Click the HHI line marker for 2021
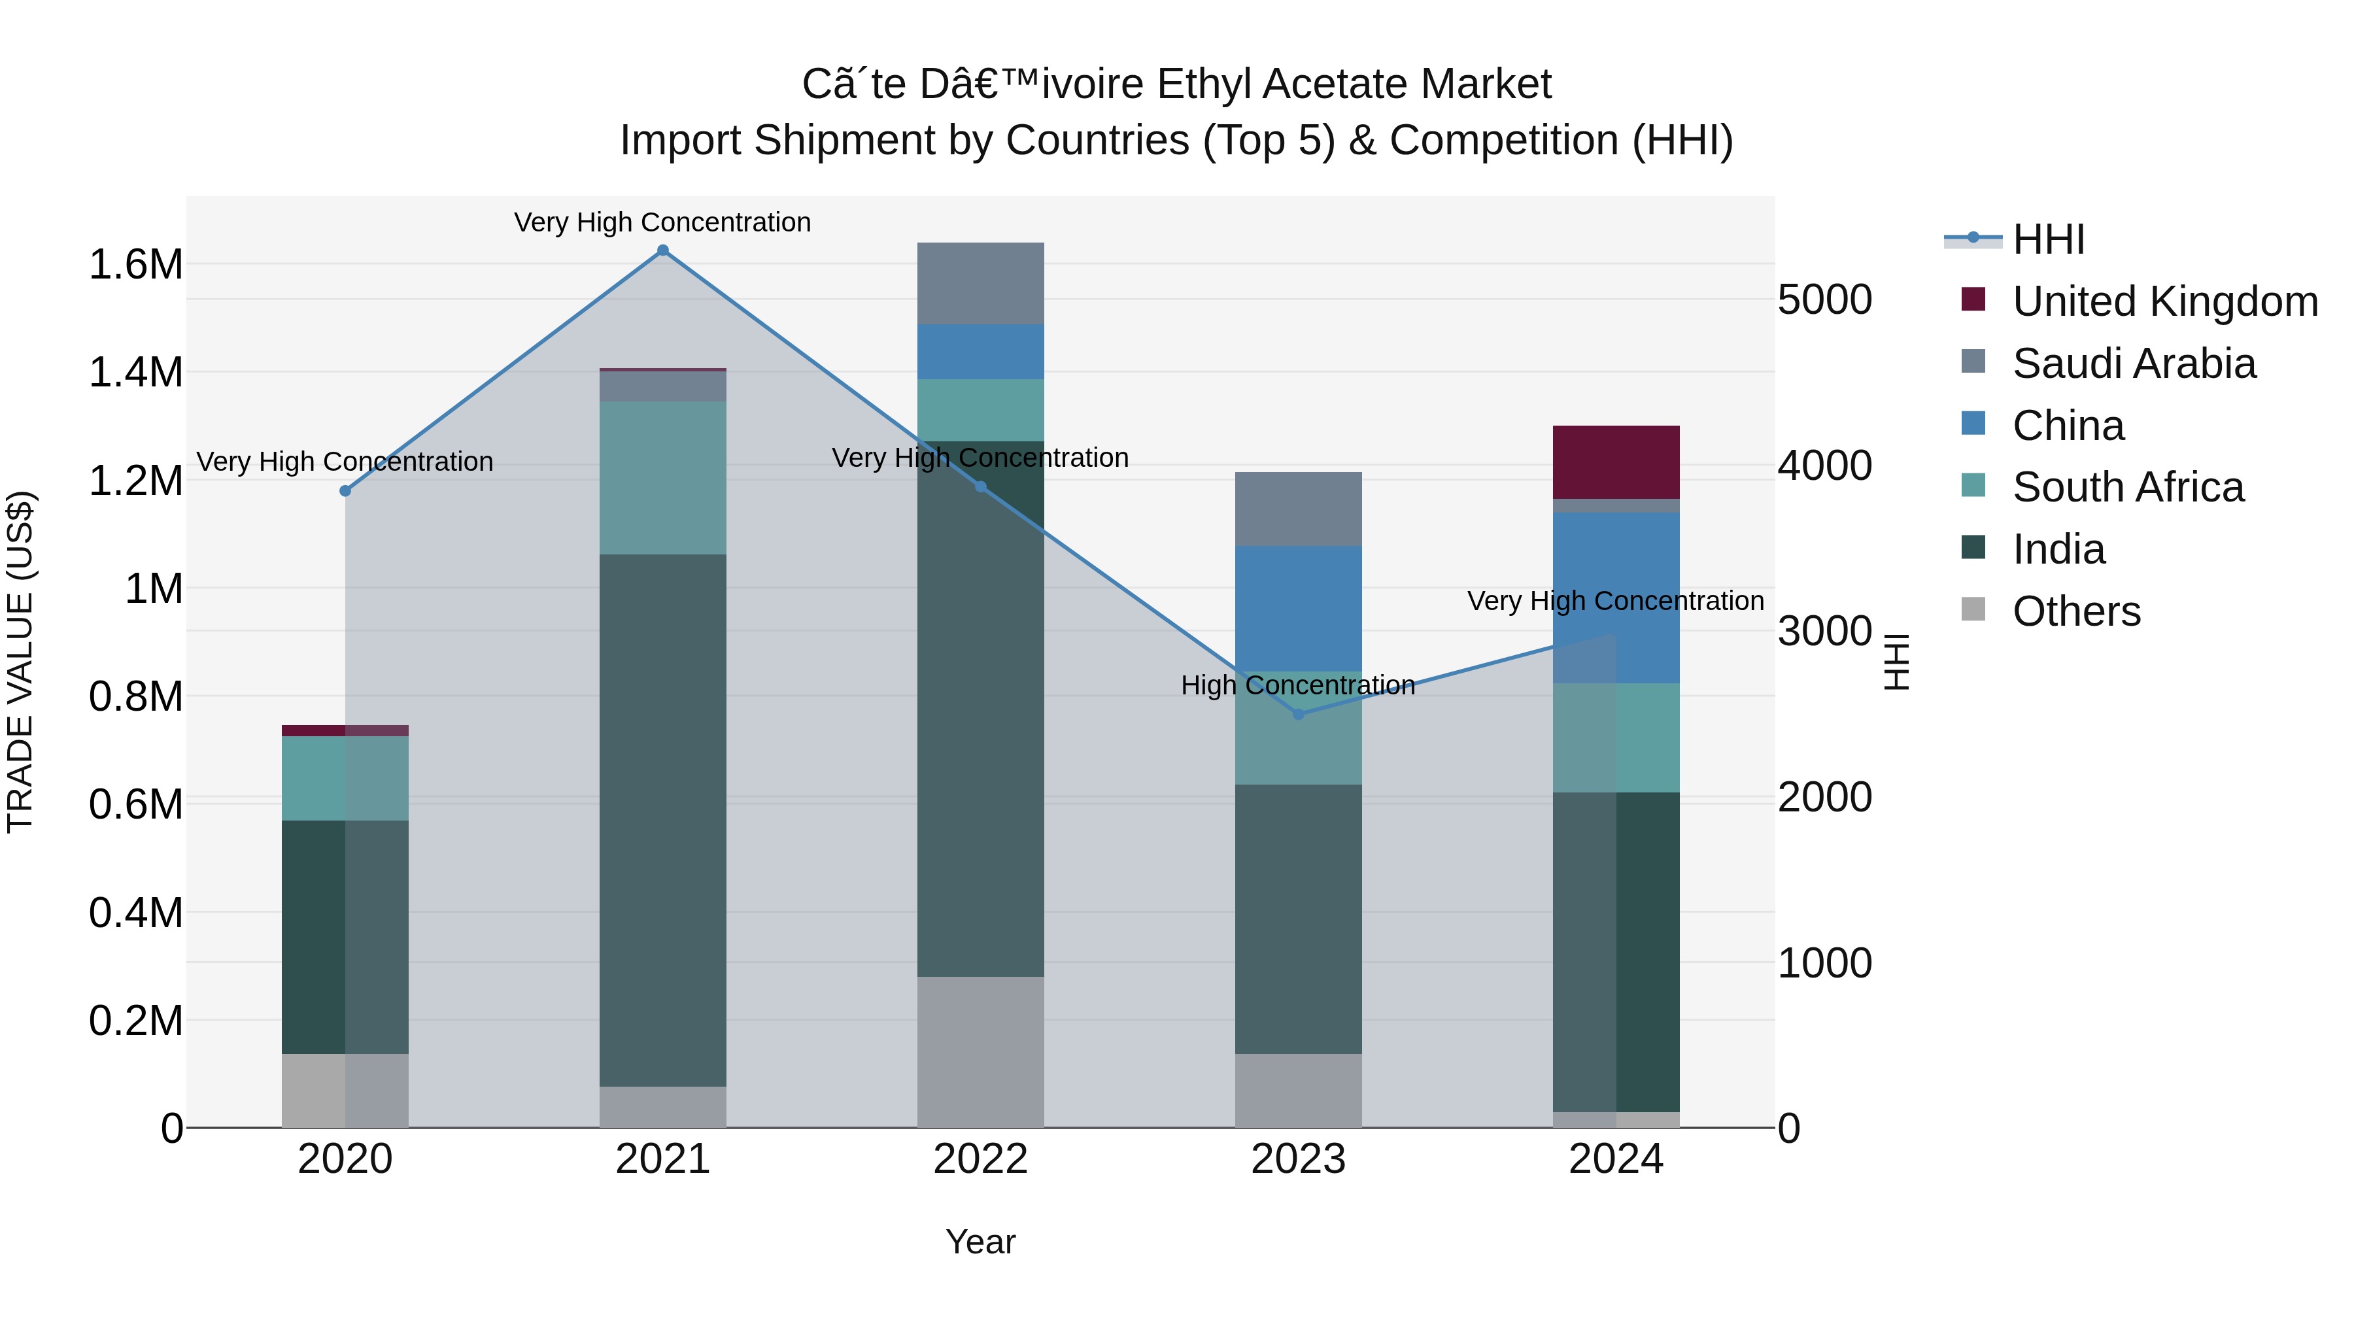[662, 250]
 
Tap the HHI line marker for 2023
[1299, 713]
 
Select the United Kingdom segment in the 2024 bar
[1616, 462]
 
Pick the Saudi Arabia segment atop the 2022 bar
[981, 283]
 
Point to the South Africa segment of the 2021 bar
[662, 478]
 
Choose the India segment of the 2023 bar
[1299, 919]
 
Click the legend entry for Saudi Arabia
[2134, 364]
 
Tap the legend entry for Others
[2075, 611]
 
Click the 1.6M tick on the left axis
[135, 265]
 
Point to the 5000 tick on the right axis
[1824, 299]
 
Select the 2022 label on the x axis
[981, 1159]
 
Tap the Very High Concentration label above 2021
[662, 222]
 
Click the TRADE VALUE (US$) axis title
[20, 662]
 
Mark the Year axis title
[981, 1242]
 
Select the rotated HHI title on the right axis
[1897, 662]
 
